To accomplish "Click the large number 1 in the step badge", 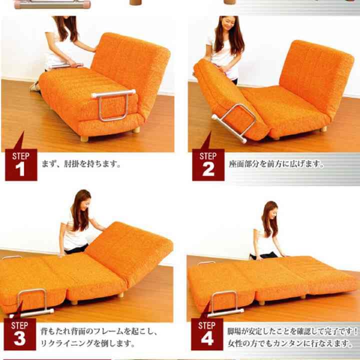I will pyautogui.click(x=20, y=170).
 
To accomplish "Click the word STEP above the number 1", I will pyautogui.click(x=20, y=156).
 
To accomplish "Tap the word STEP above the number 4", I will pyautogui.click(x=207, y=325).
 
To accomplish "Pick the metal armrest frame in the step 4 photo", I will pyautogui.click(x=220, y=302).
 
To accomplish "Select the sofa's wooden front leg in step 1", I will pyautogui.click(x=84, y=138).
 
